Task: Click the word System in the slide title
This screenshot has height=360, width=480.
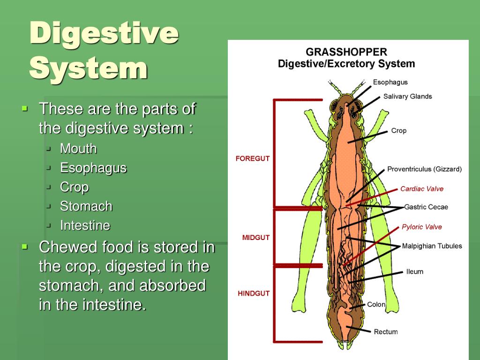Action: [89, 68]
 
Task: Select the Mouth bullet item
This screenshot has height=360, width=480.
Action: [78, 149]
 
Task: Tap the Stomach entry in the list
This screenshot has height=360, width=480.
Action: [86, 206]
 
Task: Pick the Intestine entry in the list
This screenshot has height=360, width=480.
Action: [85, 225]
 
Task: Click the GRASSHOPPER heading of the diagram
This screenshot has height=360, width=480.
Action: [346, 52]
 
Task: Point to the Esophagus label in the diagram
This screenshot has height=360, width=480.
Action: [390, 82]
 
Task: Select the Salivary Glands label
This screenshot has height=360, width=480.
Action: [407, 97]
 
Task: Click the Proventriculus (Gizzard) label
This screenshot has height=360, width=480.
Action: [424, 169]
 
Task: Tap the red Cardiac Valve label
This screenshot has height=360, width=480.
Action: [421, 189]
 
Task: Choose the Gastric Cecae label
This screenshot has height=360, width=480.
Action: [426, 207]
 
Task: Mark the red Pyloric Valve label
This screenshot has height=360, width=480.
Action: [421, 227]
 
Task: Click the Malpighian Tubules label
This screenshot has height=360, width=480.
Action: [432, 246]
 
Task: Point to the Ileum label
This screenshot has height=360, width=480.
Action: [414, 271]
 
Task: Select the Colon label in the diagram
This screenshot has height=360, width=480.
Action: [376, 304]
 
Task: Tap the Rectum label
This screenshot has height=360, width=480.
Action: [386, 332]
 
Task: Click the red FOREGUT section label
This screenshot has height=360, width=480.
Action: [253, 158]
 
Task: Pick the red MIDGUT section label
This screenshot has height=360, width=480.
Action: [256, 238]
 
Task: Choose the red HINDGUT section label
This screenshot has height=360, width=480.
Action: [254, 293]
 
